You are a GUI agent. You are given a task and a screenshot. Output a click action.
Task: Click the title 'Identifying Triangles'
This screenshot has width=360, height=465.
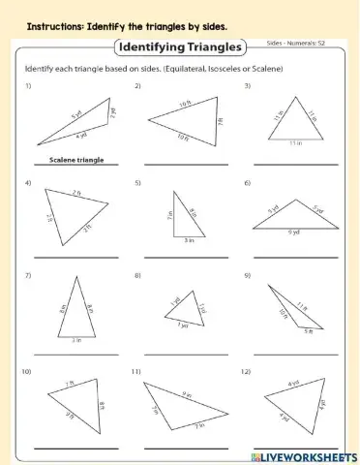point(181,46)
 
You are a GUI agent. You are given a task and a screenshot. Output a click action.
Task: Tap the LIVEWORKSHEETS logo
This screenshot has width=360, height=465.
point(304,455)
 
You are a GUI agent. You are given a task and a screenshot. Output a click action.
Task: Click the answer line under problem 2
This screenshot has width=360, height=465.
point(187,166)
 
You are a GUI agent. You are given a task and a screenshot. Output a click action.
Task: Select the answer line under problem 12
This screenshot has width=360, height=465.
point(297,447)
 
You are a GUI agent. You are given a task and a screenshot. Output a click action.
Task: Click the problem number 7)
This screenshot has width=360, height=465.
point(29,275)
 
